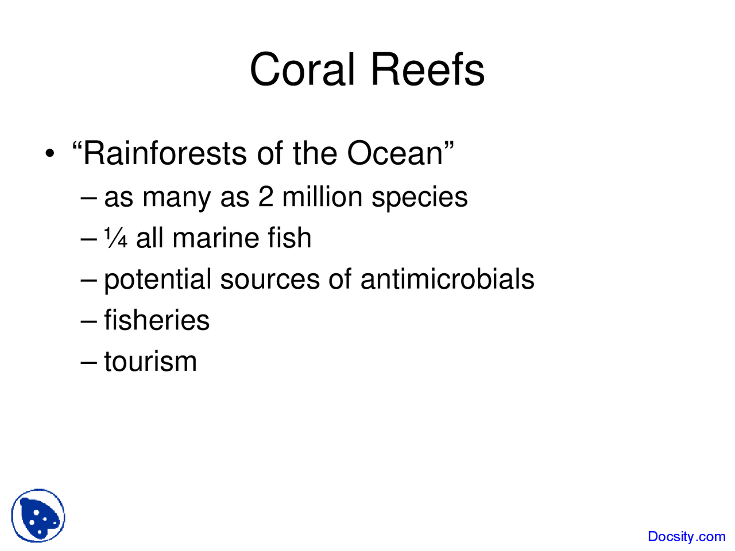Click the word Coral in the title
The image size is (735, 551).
[302, 70]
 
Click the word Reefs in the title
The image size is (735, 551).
[427, 70]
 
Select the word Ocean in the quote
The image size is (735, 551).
[396, 154]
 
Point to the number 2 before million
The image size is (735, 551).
[266, 197]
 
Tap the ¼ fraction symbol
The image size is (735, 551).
[115, 238]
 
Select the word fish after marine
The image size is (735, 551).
[289, 238]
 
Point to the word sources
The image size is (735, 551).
[269, 280]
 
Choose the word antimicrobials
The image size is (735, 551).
[447, 280]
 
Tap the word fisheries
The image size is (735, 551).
[157, 320]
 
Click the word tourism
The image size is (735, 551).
[150, 362]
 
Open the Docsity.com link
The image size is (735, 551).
[686, 537]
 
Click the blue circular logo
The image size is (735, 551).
[38, 516]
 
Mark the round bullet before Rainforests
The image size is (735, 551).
[51, 154]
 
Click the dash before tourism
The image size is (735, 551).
[89, 362]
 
